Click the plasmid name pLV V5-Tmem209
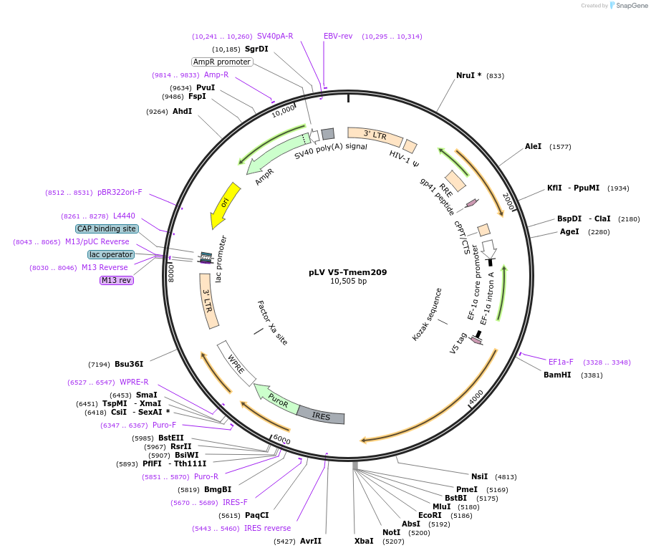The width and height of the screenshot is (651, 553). (348, 272)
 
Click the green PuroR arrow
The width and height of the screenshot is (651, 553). (276, 398)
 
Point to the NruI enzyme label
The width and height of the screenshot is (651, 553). (469, 75)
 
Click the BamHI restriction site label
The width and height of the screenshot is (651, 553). (557, 375)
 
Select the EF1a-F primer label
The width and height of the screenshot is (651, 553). (561, 362)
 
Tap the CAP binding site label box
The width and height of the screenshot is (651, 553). (107, 229)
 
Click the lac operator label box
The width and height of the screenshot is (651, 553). (111, 254)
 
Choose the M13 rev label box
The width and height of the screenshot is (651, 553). (116, 280)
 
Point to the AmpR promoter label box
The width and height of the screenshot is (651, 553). (222, 62)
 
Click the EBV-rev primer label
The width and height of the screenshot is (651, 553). (338, 36)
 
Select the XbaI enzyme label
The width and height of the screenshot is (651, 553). (364, 541)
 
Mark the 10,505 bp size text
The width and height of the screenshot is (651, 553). (348, 282)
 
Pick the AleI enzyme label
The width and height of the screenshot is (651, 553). (534, 146)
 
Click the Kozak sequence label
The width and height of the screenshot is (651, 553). (428, 314)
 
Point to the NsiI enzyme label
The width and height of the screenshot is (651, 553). (479, 476)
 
